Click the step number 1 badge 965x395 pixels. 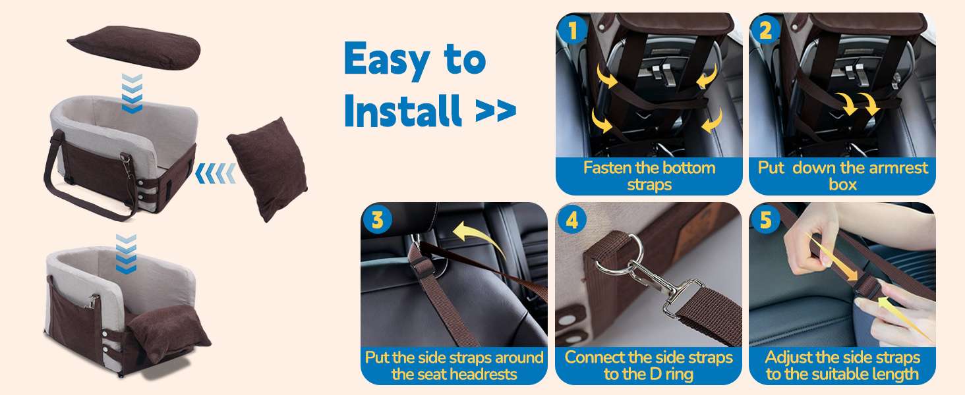pos(571,30)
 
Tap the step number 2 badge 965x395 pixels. pos(765,30)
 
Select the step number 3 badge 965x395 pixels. pos(378,220)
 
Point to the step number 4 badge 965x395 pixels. pos(571,220)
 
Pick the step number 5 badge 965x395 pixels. pos(765,220)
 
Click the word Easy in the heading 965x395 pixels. pos(387,60)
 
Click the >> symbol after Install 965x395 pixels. pos(496,111)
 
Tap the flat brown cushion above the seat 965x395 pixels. pos(134,47)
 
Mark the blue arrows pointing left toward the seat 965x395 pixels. pos(216,173)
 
